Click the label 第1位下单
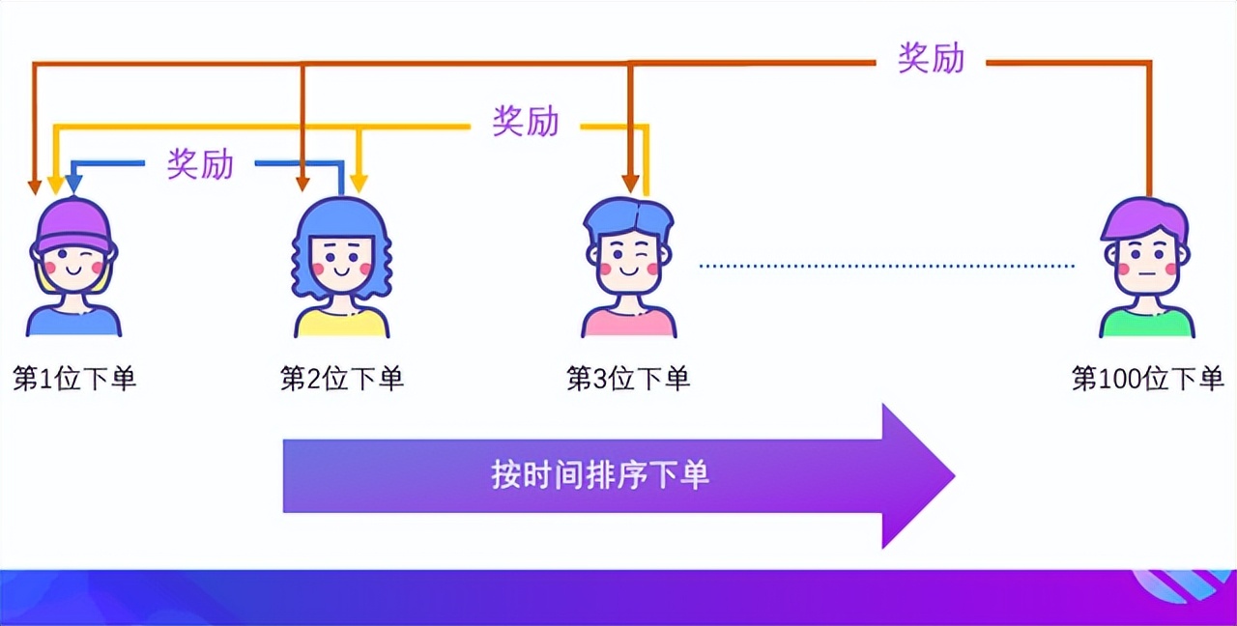(x=74, y=378)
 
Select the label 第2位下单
(x=341, y=378)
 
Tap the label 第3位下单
(x=628, y=378)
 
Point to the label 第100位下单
(x=1147, y=378)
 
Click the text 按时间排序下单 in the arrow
(x=600, y=474)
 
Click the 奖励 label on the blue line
(x=200, y=163)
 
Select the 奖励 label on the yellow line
(x=526, y=121)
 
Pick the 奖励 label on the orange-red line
(x=931, y=58)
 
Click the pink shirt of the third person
(x=629, y=324)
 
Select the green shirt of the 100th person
(x=1147, y=324)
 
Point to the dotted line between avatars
(x=886, y=266)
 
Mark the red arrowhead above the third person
(x=630, y=183)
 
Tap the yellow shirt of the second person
(x=341, y=324)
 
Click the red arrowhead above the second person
(x=302, y=183)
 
